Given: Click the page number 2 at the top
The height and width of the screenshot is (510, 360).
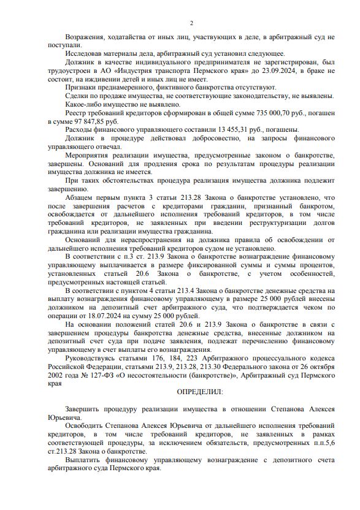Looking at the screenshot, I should (191, 24).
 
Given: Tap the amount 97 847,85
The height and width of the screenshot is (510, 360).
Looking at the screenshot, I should (82, 122).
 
